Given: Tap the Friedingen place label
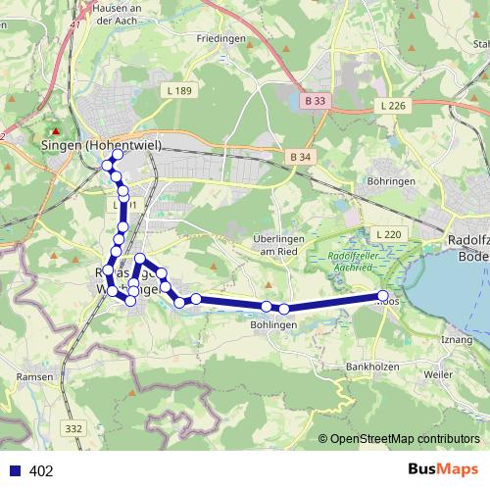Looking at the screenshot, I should pyautogui.click(x=220, y=38).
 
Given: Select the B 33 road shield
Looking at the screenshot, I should pyautogui.click(x=314, y=100).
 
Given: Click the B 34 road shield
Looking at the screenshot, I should pyautogui.click(x=300, y=157).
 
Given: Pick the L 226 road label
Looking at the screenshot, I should pyautogui.click(x=392, y=105).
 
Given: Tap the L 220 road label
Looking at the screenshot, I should pyautogui.click(x=388, y=235).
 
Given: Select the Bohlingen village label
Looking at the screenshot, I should pyautogui.click(x=273, y=324).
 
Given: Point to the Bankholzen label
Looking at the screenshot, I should pyautogui.click(x=369, y=367).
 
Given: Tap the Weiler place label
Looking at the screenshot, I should pyautogui.click(x=437, y=374).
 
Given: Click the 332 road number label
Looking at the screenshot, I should pyautogui.click(x=73, y=428).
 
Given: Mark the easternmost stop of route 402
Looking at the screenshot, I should pyautogui.click(x=383, y=296).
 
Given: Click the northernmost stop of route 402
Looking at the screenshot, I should pyautogui.click(x=118, y=155).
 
